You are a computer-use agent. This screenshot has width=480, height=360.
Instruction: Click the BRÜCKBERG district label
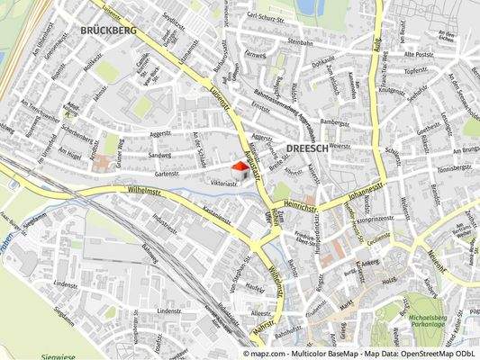(108, 30)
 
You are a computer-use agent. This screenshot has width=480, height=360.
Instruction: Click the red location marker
(240, 168)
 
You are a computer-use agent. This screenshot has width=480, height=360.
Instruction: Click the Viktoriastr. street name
(223, 183)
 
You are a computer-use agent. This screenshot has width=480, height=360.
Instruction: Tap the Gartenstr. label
(168, 174)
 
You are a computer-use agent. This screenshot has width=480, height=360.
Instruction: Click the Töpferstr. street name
(415, 69)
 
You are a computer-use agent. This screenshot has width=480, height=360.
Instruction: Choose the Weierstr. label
(340, 144)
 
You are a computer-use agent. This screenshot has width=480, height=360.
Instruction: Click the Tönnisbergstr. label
(454, 168)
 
